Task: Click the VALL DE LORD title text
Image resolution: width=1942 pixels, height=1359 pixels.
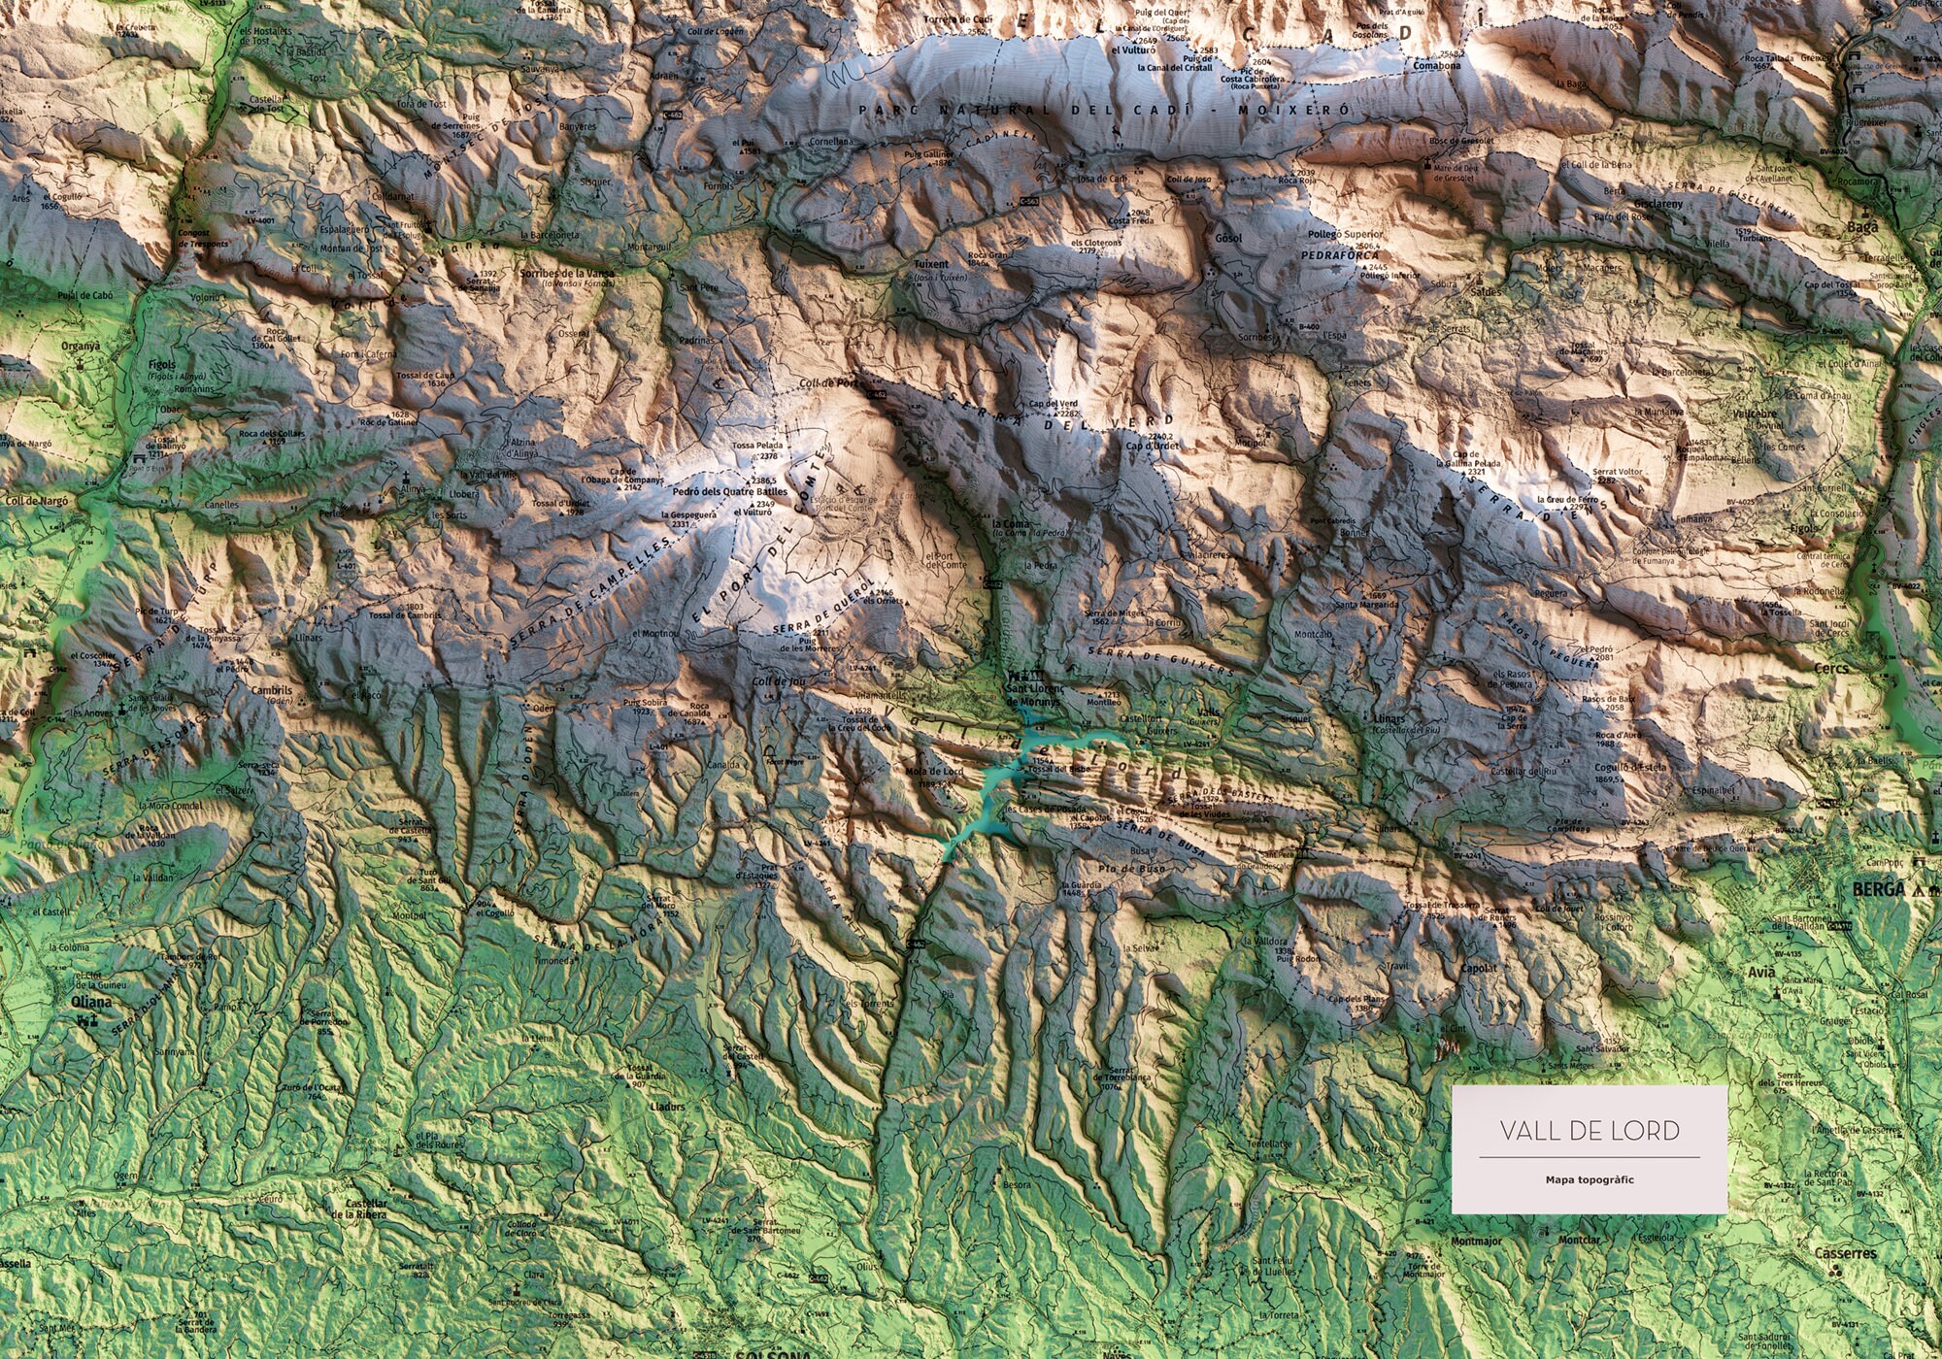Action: click(x=1590, y=1131)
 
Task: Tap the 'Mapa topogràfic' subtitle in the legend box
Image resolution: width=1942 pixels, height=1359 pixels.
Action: click(x=1590, y=1180)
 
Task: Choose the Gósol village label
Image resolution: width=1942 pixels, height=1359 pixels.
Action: click(x=1228, y=238)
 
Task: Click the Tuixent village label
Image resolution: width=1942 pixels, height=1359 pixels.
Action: click(x=930, y=264)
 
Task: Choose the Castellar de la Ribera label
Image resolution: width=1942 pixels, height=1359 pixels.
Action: click(x=359, y=1209)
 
